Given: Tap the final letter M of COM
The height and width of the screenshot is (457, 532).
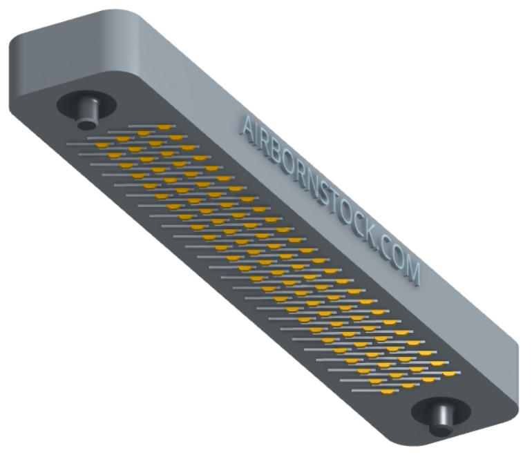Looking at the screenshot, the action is [x=411, y=271].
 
